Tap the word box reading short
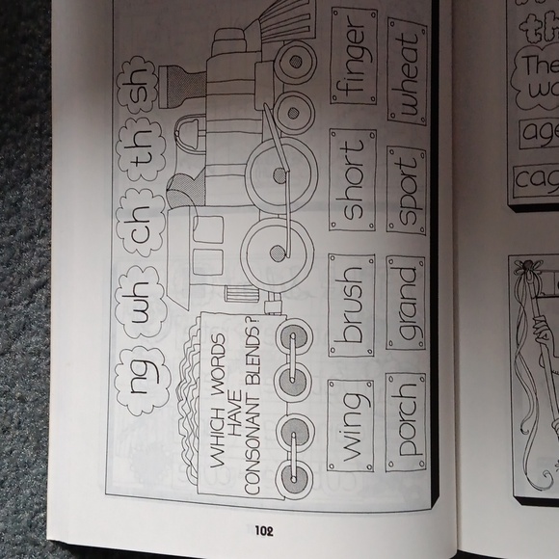pos(351,182)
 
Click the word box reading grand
pos(406,306)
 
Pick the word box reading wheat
pos(408,71)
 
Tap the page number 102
pos(267,529)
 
